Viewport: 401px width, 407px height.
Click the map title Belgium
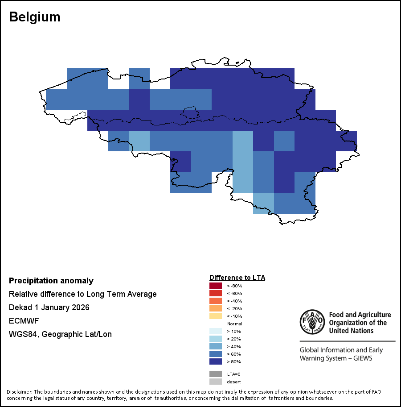34,17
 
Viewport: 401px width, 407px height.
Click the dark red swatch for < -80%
216,286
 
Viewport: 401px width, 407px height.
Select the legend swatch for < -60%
216,293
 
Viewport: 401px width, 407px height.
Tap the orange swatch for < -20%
216,308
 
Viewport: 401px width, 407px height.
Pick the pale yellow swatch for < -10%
216,316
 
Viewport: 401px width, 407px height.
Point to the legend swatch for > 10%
216,331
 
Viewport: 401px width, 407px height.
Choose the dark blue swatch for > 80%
216,361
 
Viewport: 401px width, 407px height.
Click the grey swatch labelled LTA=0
216,374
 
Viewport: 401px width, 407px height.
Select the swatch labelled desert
216,382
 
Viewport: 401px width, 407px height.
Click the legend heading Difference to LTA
237,277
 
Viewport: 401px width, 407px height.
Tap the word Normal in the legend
234,324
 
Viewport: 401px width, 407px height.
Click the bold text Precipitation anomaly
51,281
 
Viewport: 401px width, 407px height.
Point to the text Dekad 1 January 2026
49,307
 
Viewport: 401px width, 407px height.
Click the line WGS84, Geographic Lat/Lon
60,334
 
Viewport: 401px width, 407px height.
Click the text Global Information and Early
341,350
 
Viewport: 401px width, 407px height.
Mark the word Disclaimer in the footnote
19,392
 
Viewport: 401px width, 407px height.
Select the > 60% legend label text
234,354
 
